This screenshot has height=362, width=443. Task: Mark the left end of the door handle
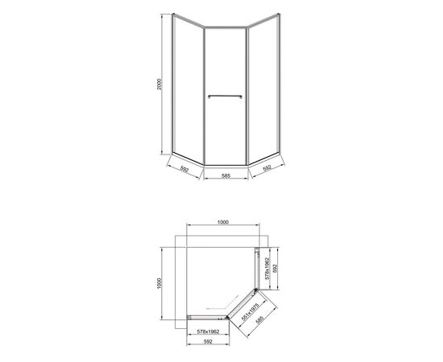tap(209, 97)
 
